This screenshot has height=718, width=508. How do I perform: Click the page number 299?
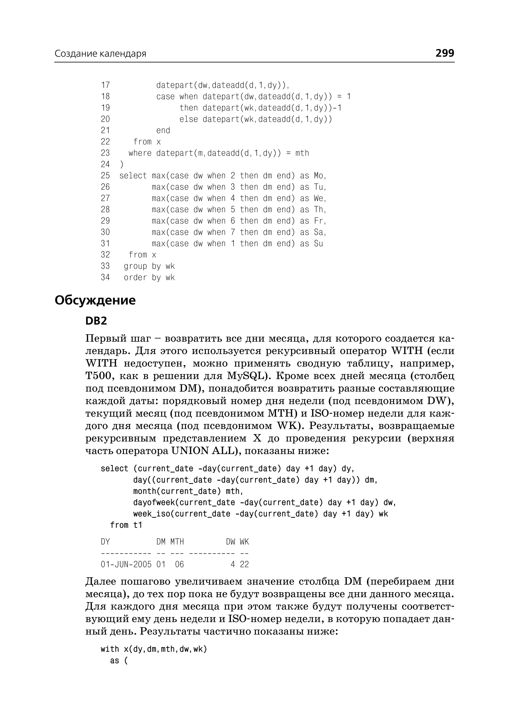[x=444, y=53]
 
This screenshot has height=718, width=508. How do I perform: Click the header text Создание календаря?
[x=100, y=54]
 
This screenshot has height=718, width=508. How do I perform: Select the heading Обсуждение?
[x=95, y=300]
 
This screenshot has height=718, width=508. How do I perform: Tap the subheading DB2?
[x=96, y=321]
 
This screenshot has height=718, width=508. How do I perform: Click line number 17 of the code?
[x=105, y=85]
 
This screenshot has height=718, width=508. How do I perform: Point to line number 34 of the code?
[x=105, y=277]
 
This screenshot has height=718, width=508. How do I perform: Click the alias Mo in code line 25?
[x=319, y=176]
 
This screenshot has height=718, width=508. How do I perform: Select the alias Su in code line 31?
[x=318, y=244]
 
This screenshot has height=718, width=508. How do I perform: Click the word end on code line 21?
[x=163, y=130]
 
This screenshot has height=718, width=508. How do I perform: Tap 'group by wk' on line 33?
[x=149, y=266]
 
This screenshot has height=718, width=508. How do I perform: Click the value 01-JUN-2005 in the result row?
[x=126, y=564]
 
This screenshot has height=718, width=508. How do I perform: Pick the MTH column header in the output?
[x=177, y=542]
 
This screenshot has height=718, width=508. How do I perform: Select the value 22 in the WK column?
[x=244, y=564]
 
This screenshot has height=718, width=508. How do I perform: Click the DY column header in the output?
[x=105, y=542]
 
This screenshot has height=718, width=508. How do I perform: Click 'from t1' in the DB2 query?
[x=126, y=525]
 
